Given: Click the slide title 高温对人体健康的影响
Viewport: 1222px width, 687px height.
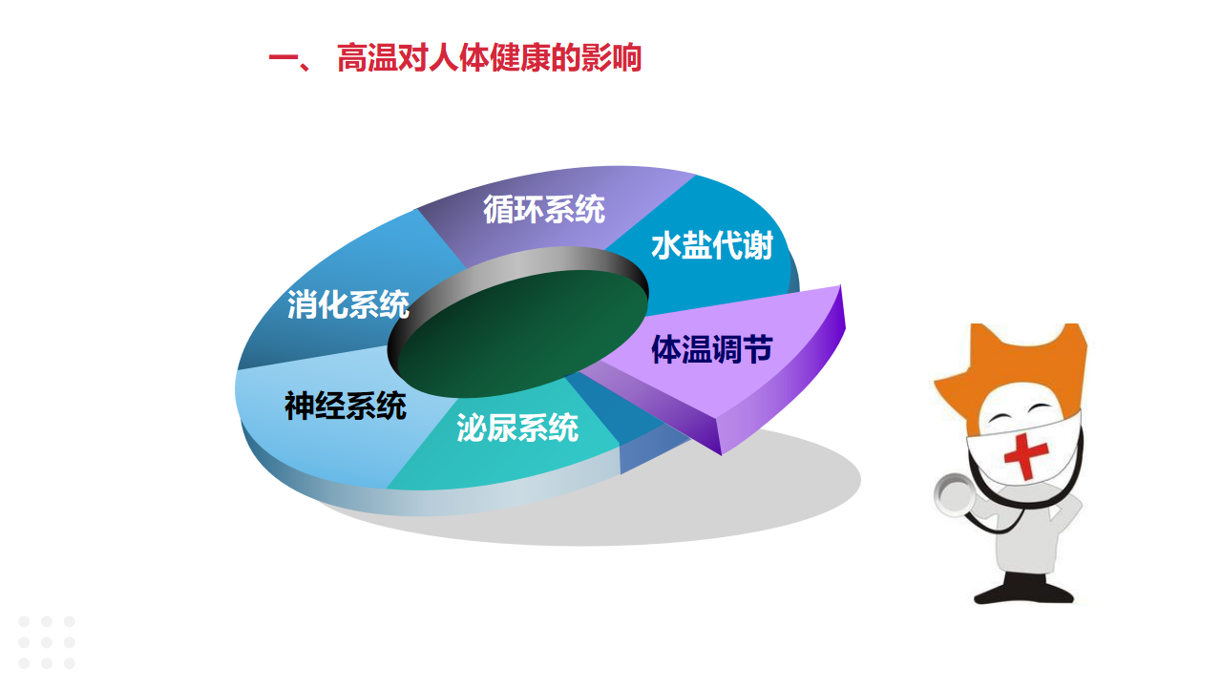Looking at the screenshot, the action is click(x=489, y=58).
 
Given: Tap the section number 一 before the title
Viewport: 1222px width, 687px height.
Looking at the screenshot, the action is click(x=284, y=59).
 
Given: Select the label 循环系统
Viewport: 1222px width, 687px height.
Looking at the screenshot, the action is click(x=544, y=209).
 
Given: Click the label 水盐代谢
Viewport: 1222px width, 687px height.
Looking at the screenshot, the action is click(x=712, y=245).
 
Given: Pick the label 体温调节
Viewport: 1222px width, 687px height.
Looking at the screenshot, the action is click(x=712, y=349).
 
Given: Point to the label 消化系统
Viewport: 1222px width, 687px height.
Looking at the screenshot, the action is click(x=348, y=304).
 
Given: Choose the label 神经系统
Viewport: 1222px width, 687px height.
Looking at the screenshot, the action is click(x=346, y=406).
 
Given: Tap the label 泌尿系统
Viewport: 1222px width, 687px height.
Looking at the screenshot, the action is click(x=517, y=427).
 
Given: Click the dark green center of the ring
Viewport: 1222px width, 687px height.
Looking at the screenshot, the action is click(x=522, y=333).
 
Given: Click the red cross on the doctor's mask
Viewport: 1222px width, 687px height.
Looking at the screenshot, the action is click(x=1026, y=456).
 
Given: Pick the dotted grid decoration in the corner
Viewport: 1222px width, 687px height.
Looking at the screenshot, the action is click(x=47, y=642).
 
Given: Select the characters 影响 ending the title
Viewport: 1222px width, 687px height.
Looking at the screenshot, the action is click(x=611, y=58).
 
